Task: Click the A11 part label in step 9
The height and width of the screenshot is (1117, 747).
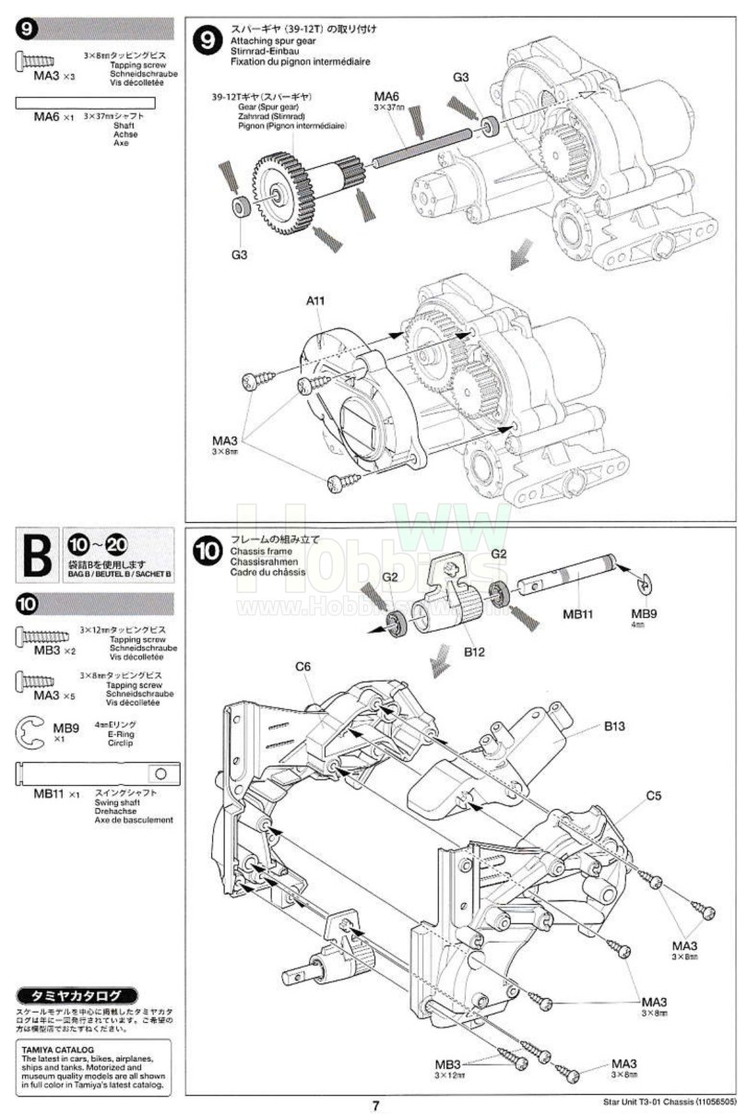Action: (x=317, y=301)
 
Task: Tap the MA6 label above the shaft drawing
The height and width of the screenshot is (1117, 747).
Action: (x=386, y=96)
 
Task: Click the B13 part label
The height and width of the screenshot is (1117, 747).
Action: (x=615, y=726)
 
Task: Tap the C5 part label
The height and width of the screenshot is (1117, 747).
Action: (x=654, y=794)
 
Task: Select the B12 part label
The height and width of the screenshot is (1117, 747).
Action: (x=476, y=651)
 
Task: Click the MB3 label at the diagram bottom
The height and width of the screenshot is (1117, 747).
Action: (x=448, y=1064)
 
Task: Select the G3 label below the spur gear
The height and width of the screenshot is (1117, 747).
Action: (x=240, y=254)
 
